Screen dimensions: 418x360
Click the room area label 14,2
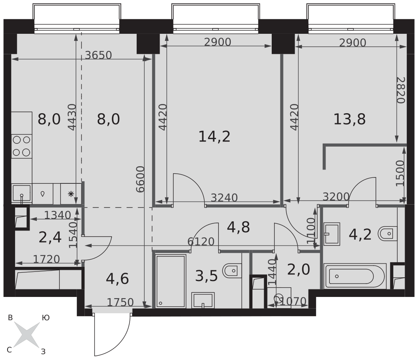(214, 137)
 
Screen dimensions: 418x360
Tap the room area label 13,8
(349, 119)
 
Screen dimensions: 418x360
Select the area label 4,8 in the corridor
(238, 227)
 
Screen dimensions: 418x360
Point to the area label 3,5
(206, 276)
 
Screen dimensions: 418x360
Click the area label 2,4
(50, 238)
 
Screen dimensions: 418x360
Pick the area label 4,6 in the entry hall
(117, 279)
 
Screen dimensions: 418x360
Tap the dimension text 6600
(140, 179)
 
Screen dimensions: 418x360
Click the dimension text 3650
(98, 55)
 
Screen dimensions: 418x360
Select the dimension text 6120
(201, 241)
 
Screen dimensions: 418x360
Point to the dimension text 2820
(400, 90)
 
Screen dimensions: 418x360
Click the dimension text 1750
(120, 302)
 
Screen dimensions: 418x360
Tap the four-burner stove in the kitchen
(22, 146)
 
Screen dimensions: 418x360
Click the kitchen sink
(22, 194)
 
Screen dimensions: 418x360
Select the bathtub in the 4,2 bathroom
(355, 276)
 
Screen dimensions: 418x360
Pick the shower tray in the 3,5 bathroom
(171, 281)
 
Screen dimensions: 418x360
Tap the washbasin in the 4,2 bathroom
(331, 234)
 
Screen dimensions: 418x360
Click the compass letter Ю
(46, 318)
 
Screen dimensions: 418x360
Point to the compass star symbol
(27, 335)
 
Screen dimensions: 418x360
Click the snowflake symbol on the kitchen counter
(71, 194)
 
